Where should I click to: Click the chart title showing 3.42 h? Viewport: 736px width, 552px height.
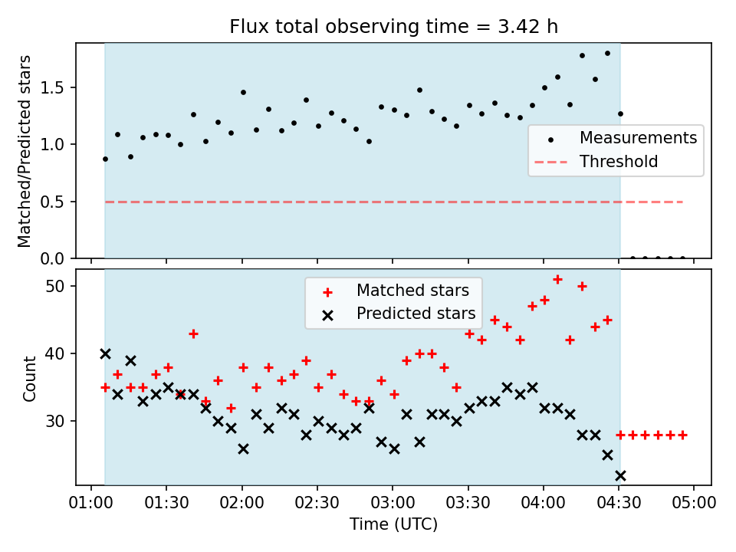pyautogui.click(x=393, y=27)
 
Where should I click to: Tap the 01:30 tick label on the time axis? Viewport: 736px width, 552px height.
pyautogui.click(x=166, y=503)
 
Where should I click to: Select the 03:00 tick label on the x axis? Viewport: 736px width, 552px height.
pyautogui.click(x=393, y=503)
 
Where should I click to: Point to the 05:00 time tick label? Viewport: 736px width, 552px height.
pyautogui.click(x=694, y=503)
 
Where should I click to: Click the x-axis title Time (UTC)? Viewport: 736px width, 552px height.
pyautogui.click(x=393, y=524)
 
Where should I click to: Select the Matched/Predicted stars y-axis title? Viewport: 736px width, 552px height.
pyautogui.click(x=24, y=151)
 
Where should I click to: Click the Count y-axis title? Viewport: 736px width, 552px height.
pyautogui.click(x=29, y=379)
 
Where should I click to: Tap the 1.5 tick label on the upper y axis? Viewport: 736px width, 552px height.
pyautogui.click(x=52, y=87)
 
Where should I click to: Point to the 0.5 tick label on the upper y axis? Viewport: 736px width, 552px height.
pyautogui.click(x=52, y=202)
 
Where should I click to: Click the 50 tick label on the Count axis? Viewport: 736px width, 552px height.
pyautogui.click(x=55, y=286)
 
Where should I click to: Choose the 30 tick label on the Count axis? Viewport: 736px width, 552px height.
pyautogui.click(x=55, y=421)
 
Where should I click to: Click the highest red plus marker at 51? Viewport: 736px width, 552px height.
pyautogui.click(x=557, y=280)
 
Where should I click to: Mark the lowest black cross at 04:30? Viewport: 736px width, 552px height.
pyautogui.click(x=620, y=476)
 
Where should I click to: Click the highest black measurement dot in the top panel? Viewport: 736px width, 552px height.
pyautogui.click(x=607, y=54)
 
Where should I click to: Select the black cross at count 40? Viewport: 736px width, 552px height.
pyautogui.click(x=105, y=353)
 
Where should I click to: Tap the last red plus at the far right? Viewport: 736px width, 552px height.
pyautogui.click(x=682, y=435)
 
